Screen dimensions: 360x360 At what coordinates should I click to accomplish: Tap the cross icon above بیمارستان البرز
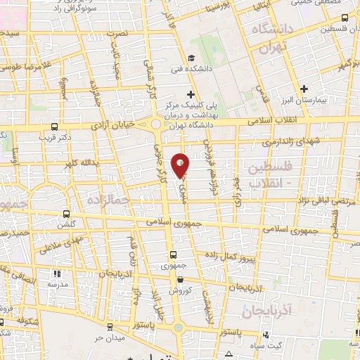pos(304,89)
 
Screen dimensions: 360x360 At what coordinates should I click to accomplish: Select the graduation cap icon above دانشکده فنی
pos(191,58)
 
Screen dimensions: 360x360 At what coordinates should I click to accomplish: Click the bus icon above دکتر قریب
pos(55,127)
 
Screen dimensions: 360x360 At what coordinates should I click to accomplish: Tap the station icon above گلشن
pos(67,213)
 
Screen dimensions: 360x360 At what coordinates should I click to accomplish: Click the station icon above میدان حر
pos(110,327)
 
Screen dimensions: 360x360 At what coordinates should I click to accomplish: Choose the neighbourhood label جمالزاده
pos(105,200)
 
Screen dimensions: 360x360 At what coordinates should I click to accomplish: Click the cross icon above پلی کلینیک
pos(190,94)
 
